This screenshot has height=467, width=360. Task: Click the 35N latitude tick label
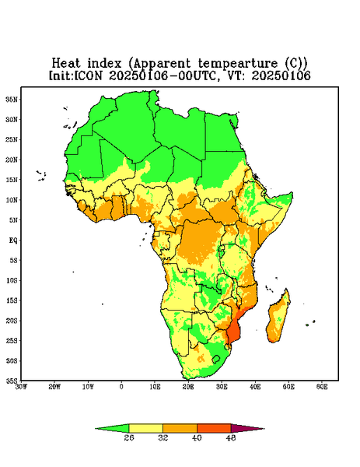[x=12, y=100]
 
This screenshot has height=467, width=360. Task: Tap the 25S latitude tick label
[x=12, y=341]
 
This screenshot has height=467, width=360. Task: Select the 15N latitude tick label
[x=12, y=180]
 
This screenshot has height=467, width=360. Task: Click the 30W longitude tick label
[x=21, y=387]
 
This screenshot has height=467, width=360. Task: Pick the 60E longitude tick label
[x=322, y=387]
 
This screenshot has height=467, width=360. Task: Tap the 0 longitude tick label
[x=121, y=387]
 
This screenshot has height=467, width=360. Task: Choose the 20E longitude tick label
[x=188, y=387]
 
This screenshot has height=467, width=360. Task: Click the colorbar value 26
[x=129, y=437]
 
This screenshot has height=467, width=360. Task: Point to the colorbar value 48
[x=231, y=437]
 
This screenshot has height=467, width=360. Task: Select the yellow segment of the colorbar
[x=145, y=428]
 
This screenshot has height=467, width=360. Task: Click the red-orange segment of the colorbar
[x=214, y=428]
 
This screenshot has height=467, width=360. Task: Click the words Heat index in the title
[x=87, y=64]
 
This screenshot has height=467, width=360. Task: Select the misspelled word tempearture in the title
[x=238, y=64]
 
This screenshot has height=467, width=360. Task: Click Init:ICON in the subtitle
[x=75, y=75]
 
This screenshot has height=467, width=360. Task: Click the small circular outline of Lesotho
[x=216, y=359]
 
